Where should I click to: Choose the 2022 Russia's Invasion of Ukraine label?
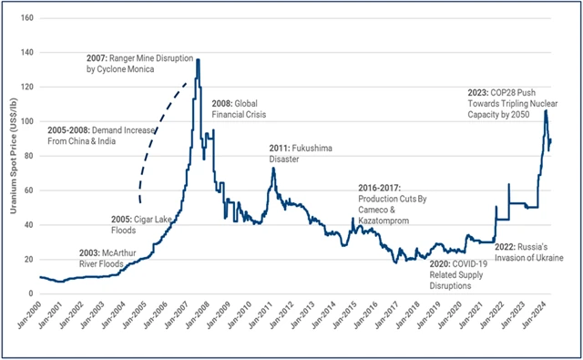[x=530, y=252]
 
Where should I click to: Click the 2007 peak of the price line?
[x=198, y=60]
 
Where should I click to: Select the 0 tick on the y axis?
[x=30, y=293]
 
